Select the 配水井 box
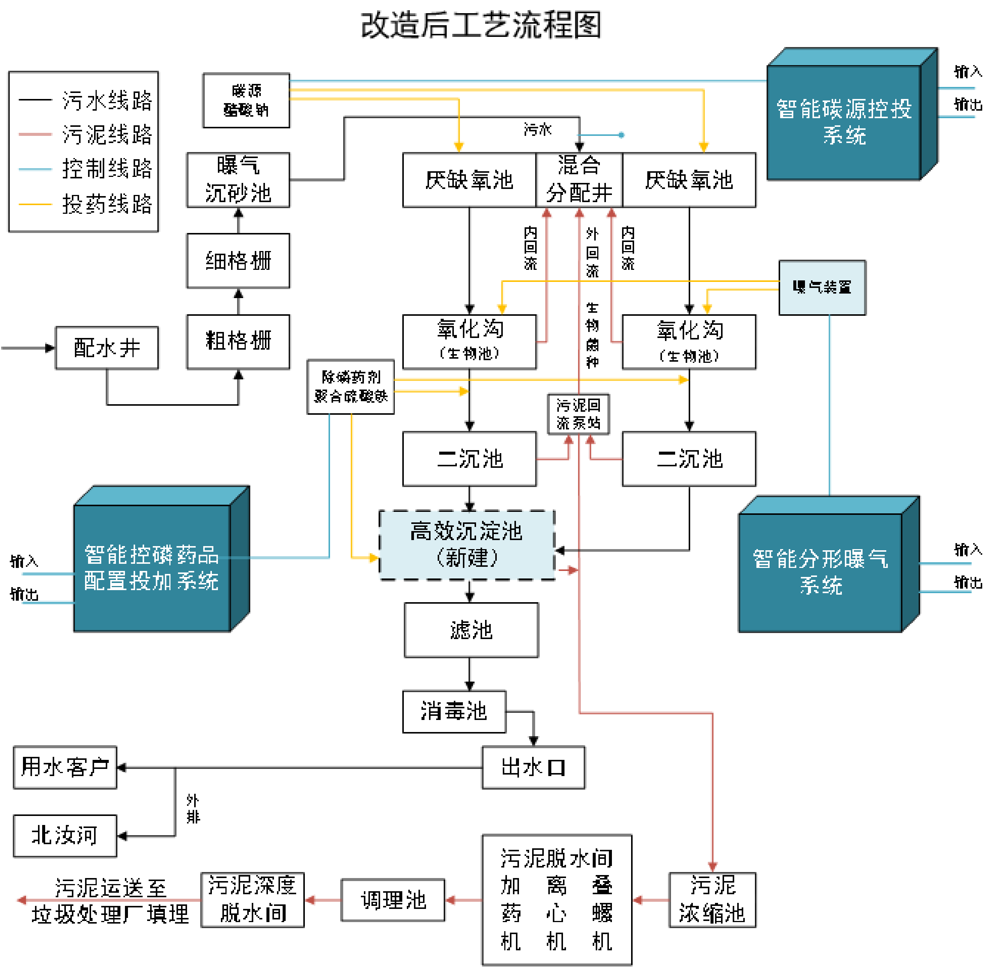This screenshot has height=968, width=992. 107,348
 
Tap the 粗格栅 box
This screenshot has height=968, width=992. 238,341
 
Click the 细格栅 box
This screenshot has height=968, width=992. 238,261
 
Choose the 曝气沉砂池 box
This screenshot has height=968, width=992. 238,180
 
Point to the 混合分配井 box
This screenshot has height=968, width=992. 579,180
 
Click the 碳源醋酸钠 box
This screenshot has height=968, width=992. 246,100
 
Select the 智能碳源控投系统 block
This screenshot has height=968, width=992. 844,122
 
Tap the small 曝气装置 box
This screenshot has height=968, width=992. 822,288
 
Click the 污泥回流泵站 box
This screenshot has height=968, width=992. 578,414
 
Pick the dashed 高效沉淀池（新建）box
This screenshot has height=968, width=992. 467,545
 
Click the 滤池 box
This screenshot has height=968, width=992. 471,630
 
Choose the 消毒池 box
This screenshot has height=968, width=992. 454,711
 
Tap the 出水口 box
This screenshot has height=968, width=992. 533,767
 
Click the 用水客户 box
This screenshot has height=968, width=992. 65,767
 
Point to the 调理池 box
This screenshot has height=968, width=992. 393,900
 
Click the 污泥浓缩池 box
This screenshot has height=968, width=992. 712,900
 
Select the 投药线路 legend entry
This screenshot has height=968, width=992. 84,204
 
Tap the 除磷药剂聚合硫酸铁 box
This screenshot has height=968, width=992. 350,387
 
